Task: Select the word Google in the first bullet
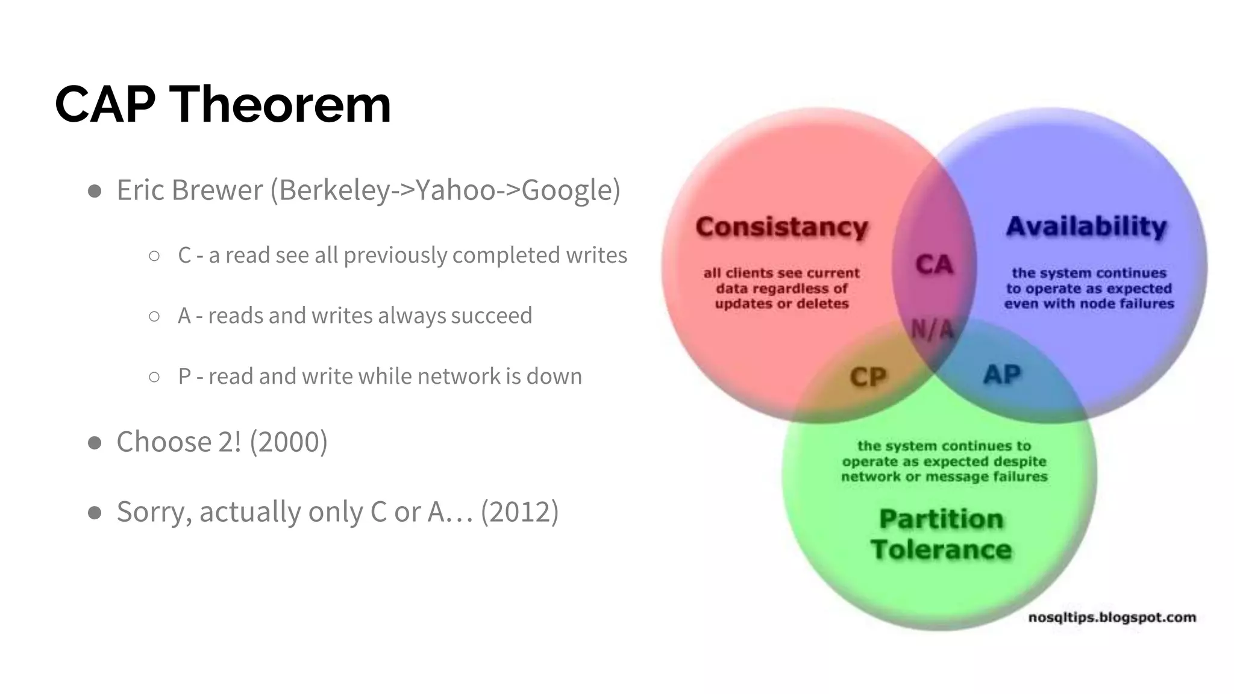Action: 566,190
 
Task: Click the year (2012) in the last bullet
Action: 519,512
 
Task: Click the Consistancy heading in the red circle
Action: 781,227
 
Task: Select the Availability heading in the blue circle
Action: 1086,227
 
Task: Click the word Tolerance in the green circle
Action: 941,549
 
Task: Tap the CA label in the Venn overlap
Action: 934,264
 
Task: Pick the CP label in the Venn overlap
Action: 868,377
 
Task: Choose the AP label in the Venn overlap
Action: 1002,375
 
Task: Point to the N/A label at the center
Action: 933,329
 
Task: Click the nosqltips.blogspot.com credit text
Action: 1112,617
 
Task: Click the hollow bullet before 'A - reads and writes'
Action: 154,316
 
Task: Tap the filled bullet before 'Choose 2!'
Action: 95,443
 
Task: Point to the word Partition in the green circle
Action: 941,519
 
